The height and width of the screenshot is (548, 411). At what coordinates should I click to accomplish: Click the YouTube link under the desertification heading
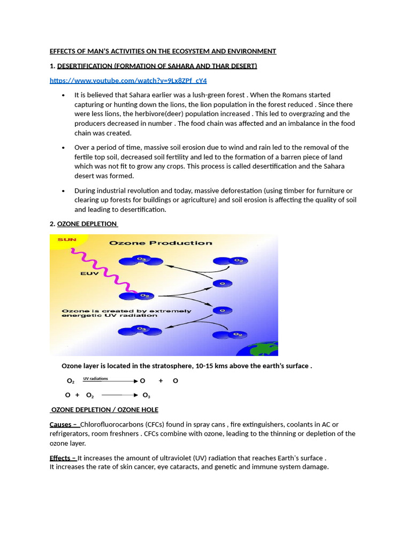click(128, 80)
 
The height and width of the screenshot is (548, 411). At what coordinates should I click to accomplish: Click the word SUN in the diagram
click(67, 240)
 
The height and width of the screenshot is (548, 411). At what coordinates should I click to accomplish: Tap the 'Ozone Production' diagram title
click(161, 243)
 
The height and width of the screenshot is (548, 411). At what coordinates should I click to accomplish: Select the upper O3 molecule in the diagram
click(141, 260)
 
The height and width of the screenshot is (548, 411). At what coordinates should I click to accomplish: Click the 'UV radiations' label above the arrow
click(95, 378)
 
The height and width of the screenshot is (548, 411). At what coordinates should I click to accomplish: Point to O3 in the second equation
click(146, 395)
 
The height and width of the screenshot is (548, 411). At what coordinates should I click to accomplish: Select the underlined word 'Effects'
click(61, 458)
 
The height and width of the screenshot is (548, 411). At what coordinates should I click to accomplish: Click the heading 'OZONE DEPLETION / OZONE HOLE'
click(105, 409)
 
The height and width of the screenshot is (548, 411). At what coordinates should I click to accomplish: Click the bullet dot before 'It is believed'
click(63, 95)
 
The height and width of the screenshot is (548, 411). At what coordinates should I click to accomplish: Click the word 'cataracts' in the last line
click(208, 467)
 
